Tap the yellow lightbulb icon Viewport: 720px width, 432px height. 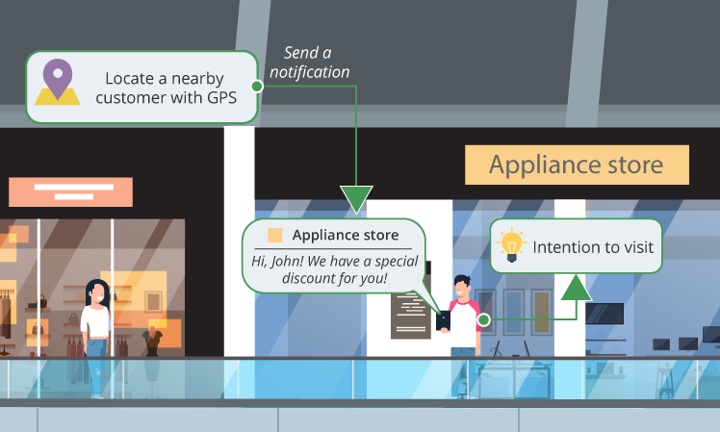[x=512, y=246]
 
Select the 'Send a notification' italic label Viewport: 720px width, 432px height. [x=309, y=63]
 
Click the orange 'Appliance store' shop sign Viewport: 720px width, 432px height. [x=576, y=165]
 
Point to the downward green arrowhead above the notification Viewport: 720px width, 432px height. [x=356, y=199]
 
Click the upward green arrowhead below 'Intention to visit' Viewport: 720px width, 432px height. [x=577, y=287]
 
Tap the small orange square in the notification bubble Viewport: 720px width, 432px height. [x=275, y=235]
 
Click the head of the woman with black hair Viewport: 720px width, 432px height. [x=96, y=292]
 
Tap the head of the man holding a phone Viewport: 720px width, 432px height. [x=462, y=286]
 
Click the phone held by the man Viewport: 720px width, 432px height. [x=444, y=318]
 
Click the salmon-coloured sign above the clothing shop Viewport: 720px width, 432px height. [x=70, y=191]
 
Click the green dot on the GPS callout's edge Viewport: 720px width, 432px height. [x=256, y=86]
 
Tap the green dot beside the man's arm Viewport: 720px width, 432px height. [x=483, y=318]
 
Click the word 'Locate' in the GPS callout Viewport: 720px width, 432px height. [x=128, y=77]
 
